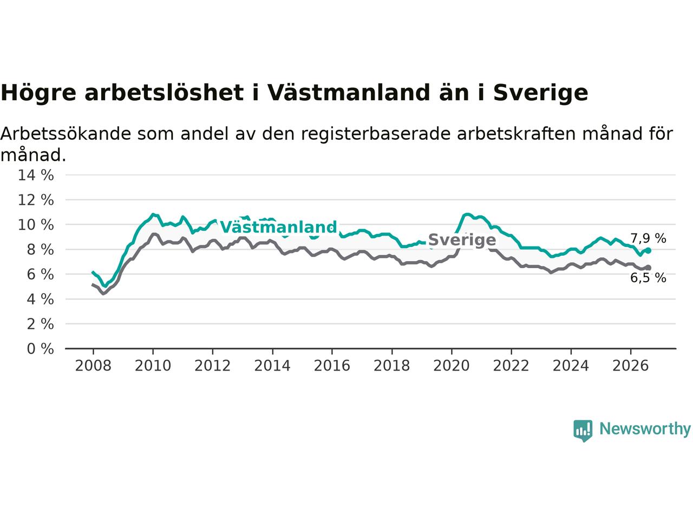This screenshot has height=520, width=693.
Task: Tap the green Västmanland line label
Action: (x=278, y=227)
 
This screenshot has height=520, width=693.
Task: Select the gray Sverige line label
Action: (x=462, y=239)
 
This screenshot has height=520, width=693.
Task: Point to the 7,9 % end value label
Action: (x=648, y=238)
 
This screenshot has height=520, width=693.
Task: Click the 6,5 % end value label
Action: (x=648, y=278)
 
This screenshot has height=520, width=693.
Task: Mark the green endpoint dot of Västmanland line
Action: (x=648, y=250)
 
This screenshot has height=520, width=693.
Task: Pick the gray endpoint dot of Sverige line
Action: (x=648, y=268)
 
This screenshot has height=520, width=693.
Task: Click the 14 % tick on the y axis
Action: (x=36, y=175)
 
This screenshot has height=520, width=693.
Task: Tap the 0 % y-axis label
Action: (x=41, y=349)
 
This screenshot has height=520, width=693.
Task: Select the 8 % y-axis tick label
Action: (x=41, y=250)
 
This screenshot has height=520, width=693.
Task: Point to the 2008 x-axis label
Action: (x=93, y=366)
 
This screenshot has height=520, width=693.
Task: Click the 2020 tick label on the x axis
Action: (x=452, y=366)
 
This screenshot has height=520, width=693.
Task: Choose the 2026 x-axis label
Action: (x=631, y=366)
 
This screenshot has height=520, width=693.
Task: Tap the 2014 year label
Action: (x=272, y=366)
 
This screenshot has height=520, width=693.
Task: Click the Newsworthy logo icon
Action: (x=583, y=431)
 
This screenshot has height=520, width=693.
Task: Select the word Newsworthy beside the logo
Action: (x=645, y=429)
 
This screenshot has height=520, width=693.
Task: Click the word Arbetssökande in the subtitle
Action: (x=66, y=134)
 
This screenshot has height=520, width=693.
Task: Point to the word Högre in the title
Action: (x=38, y=93)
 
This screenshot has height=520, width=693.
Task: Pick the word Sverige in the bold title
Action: (x=540, y=93)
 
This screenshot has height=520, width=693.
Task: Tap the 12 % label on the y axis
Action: (x=36, y=200)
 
